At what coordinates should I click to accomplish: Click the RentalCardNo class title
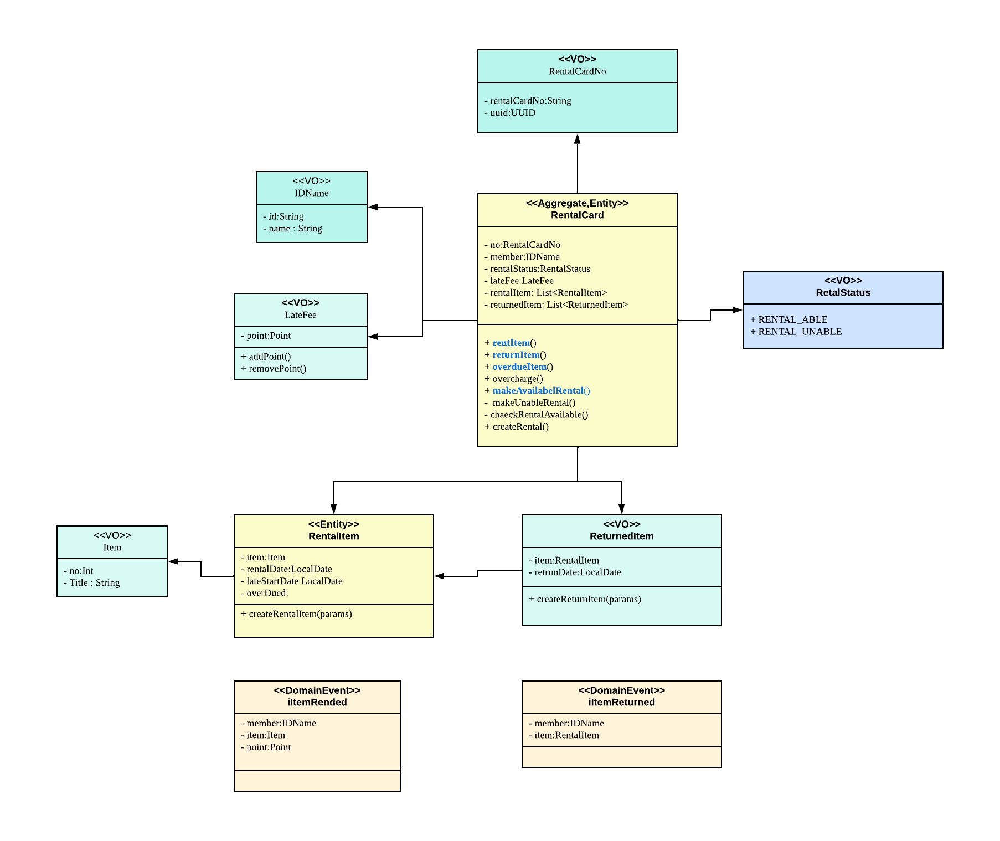click(577, 71)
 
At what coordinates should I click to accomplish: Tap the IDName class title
click(311, 193)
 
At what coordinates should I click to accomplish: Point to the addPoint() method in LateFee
click(266, 357)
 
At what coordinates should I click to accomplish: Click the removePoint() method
click(274, 369)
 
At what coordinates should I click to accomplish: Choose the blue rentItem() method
click(511, 343)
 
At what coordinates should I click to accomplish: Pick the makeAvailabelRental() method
click(537, 391)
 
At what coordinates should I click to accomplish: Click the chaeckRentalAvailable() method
click(537, 415)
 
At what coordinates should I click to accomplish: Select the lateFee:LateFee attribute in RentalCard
click(519, 281)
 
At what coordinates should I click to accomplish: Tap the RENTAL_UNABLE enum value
click(796, 332)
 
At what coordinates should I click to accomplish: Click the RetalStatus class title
click(843, 293)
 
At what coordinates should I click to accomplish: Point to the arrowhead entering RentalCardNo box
click(577, 138)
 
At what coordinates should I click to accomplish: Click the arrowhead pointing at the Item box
click(174, 561)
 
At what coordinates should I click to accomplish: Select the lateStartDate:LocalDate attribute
click(292, 581)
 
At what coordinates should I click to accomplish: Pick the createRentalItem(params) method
click(296, 614)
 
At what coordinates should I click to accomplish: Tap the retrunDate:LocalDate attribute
click(575, 572)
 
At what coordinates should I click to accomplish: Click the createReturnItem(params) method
click(585, 599)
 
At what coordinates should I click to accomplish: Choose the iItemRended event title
click(317, 703)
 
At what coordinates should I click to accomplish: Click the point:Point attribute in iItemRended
click(266, 747)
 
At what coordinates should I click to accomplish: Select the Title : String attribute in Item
click(92, 583)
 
